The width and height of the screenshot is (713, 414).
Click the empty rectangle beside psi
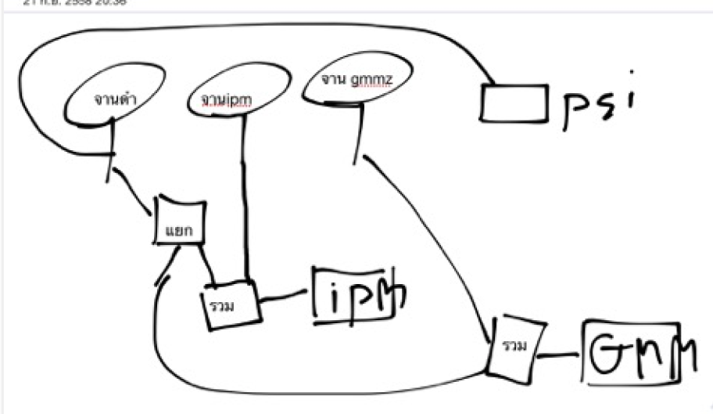512,103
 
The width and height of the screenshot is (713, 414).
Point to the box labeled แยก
179,221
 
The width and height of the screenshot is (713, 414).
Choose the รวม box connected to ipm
231,301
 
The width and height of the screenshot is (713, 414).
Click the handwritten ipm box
355,293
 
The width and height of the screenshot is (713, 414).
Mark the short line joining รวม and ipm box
285,297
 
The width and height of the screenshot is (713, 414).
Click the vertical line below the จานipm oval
246,196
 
